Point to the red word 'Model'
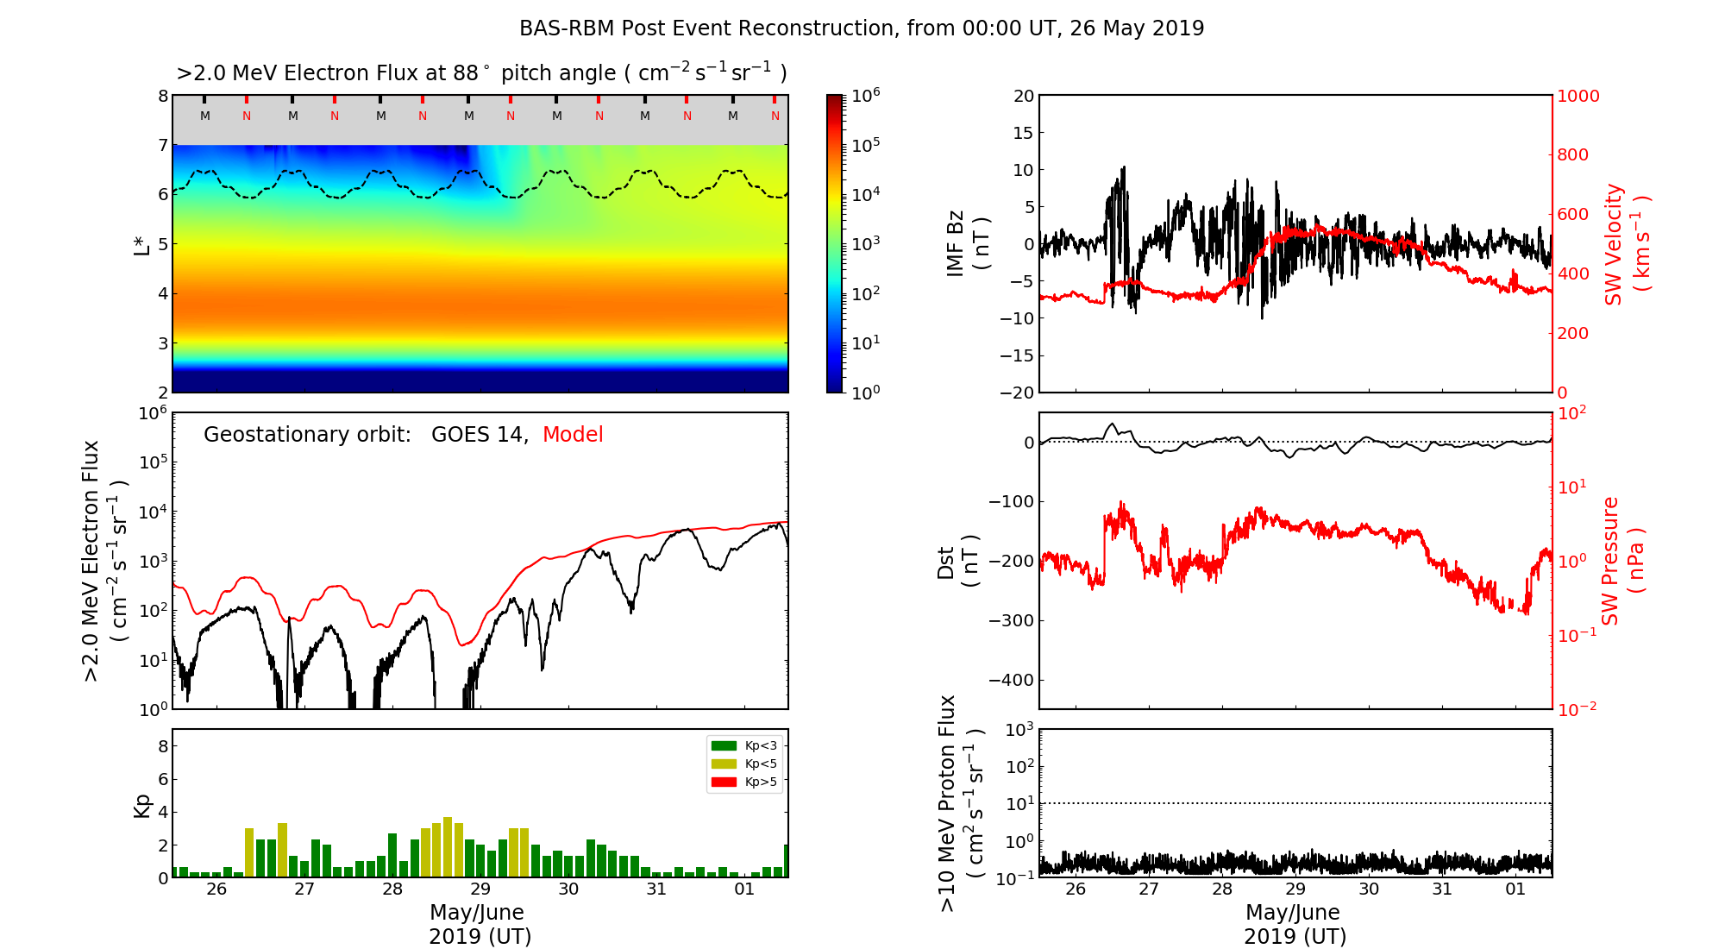click(573, 435)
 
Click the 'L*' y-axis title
click(142, 244)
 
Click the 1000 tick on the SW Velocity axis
click(1578, 96)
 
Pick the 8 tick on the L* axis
click(163, 96)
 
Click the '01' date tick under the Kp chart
click(744, 889)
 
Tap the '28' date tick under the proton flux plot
click(1222, 889)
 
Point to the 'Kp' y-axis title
click(142, 805)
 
